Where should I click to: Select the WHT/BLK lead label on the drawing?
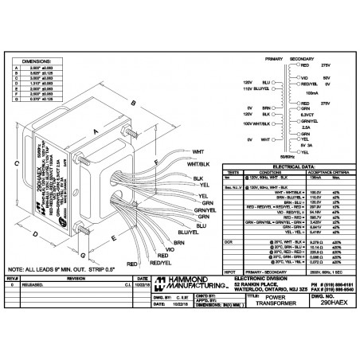174,163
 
